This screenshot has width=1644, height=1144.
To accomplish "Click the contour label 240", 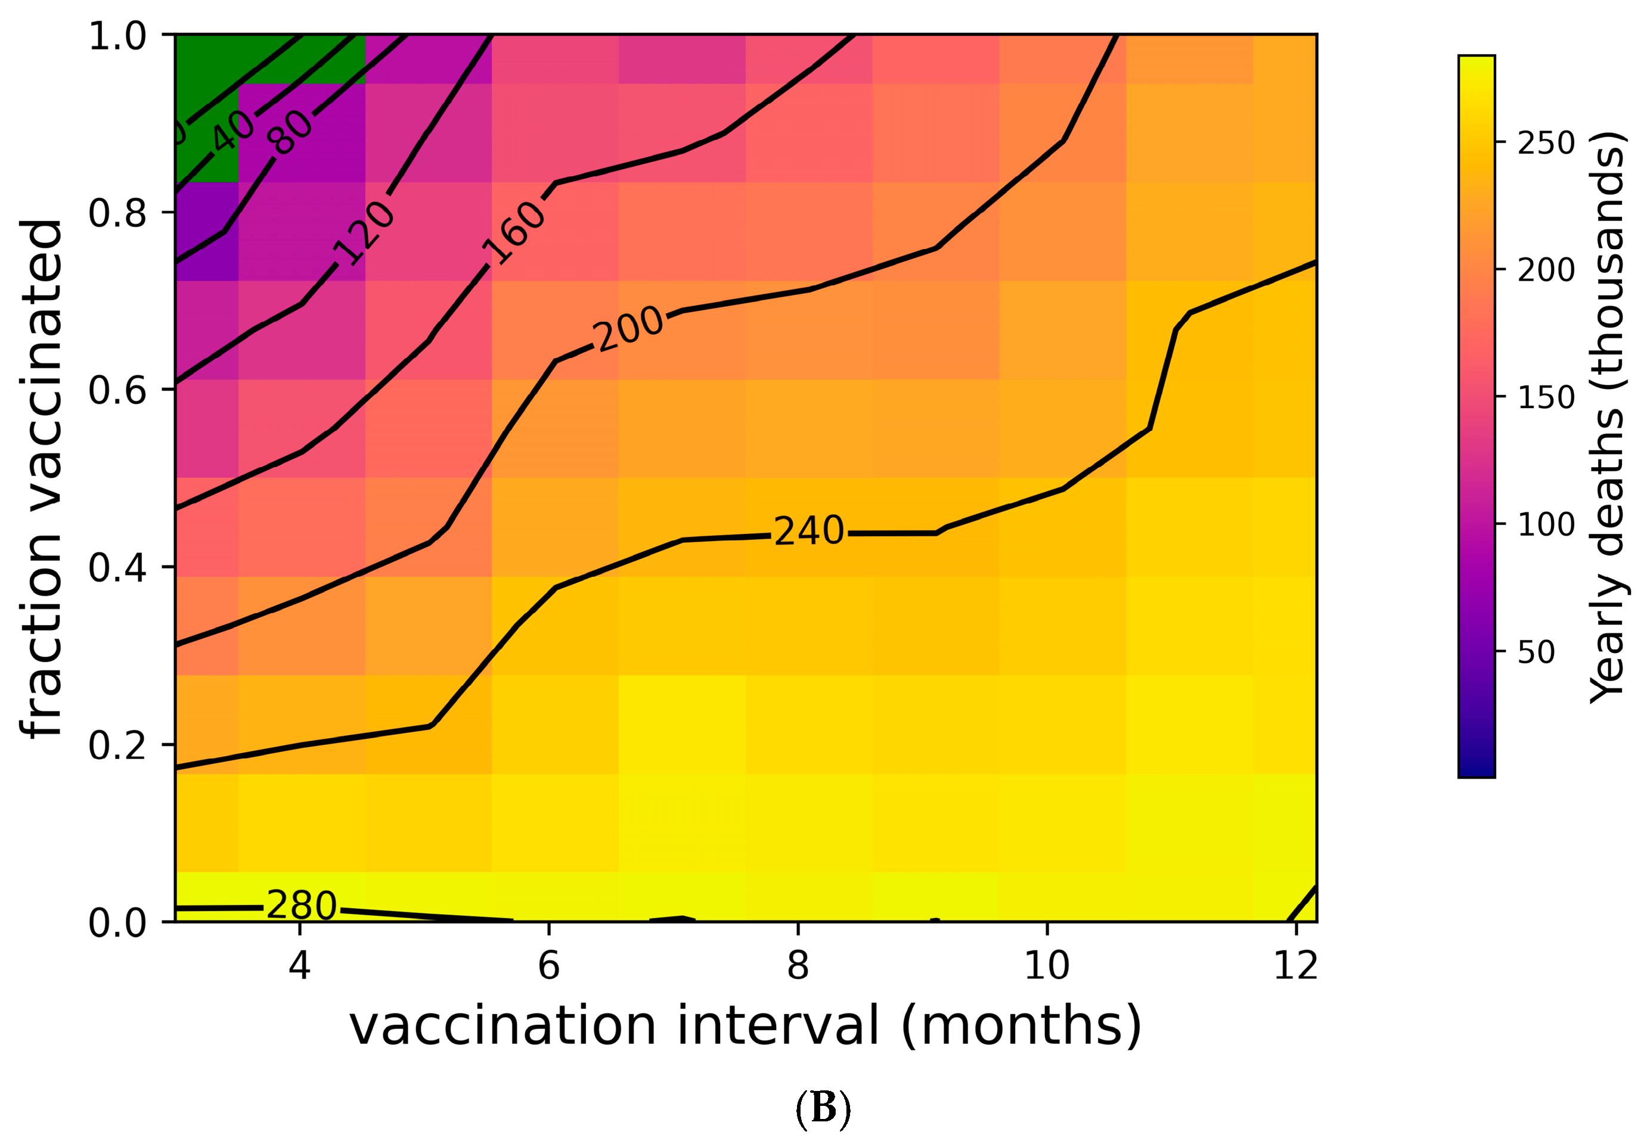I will pos(808,531).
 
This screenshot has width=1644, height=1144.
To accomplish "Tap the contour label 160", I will pos(514,232).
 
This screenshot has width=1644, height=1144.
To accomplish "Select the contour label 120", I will pos(364,234).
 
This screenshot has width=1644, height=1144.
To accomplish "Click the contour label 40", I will pos(232,131).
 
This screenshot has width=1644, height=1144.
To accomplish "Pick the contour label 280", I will pos(301,906).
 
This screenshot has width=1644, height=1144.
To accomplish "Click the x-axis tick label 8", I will pos(798,966).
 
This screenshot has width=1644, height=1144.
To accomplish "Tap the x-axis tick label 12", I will pos(1295,966).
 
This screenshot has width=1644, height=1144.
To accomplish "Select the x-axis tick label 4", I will pos(299,966).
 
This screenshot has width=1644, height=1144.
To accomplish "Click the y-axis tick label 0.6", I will pos(117,390).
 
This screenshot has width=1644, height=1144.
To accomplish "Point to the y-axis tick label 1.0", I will pos(117,36).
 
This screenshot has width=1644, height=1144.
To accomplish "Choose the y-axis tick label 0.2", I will pos(117,745).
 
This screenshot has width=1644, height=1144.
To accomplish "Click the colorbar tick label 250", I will pos(1546,143).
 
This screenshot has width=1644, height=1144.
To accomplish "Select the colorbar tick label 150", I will pos(1546,397).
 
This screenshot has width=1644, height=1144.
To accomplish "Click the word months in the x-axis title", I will pos(1020,1026).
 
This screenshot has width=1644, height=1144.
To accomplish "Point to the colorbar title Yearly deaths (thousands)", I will pos(1607,416).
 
